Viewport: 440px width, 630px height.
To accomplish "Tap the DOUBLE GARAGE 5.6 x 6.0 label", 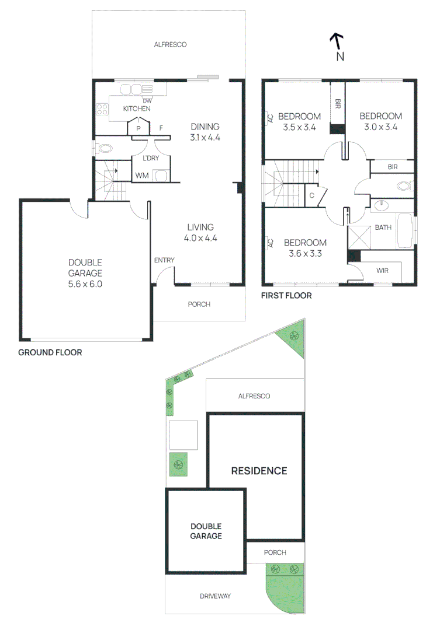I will click(x=85, y=273).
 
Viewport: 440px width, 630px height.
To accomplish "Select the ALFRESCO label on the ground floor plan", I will click(x=170, y=44).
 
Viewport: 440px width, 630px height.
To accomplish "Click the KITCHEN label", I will click(x=137, y=108).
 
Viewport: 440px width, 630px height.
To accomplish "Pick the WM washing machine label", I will click(x=141, y=175).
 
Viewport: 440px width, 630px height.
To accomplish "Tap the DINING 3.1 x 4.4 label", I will click(x=205, y=132).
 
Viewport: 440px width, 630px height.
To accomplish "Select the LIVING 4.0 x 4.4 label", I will click(x=200, y=233).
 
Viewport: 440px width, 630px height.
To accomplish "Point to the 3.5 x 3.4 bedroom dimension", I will click(x=299, y=127).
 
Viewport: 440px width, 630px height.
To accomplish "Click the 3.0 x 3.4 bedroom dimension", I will click(x=380, y=127).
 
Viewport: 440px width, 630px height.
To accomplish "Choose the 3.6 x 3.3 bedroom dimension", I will click(x=305, y=254).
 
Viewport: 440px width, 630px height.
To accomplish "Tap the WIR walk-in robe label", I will click(x=383, y=271).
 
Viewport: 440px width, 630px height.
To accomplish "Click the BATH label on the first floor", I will click(x=383, y=228).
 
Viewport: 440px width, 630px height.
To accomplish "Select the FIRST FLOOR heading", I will click(x=286, y=296).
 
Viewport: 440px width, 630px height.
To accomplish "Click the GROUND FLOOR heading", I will click(x=50, y=352).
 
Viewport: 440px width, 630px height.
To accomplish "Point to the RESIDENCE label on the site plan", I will click(x=259, y=471).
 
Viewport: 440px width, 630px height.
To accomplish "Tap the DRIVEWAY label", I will click(x=215, y=596).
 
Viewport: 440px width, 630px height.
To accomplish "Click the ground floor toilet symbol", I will click(x=104, y=148).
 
